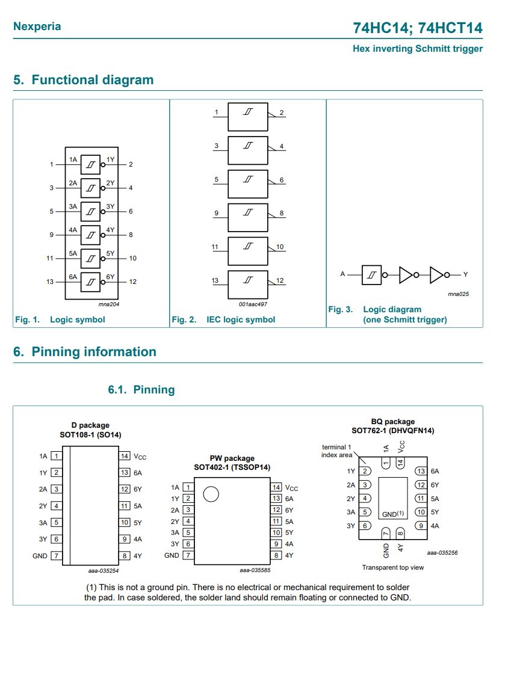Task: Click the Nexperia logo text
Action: [x=37, y=26]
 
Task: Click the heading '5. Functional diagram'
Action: [x=83, y=80]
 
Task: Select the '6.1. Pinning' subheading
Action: [x=141, y=390]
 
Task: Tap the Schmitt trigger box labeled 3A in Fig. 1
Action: [x=90, y=211]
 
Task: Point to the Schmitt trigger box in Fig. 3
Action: [x=372, y=275]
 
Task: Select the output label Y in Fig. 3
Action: [x=465, y=274]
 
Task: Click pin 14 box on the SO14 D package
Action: [x=125, y=457]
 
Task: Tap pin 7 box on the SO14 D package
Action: [x=56, y=556]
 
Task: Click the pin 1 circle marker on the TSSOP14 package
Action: [x=211, y=495]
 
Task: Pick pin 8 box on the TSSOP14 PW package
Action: [x=276, y=555]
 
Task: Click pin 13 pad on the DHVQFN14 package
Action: [x=421, y=471]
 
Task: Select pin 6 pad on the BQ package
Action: [x=365, y=526]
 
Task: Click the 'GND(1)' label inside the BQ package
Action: [x=392, y=514]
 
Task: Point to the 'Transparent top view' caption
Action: [x=392, y=567]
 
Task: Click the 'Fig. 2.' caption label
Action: [x=184, y=319]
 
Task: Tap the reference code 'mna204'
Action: [x=108, y=304]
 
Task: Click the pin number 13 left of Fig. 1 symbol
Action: [x=50, y=282]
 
